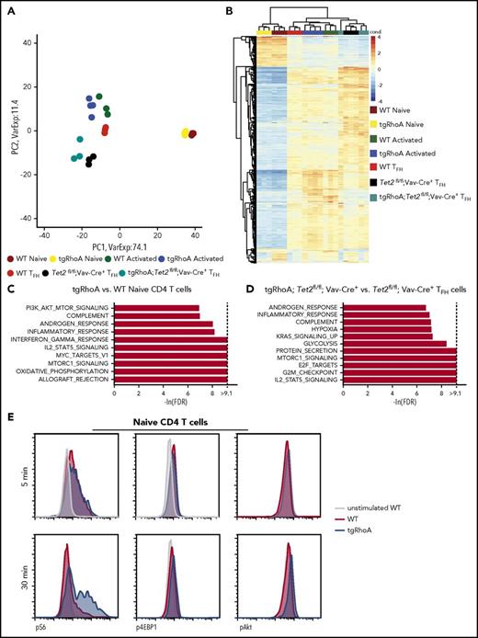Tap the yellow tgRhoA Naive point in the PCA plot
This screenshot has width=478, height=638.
(186, 132)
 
